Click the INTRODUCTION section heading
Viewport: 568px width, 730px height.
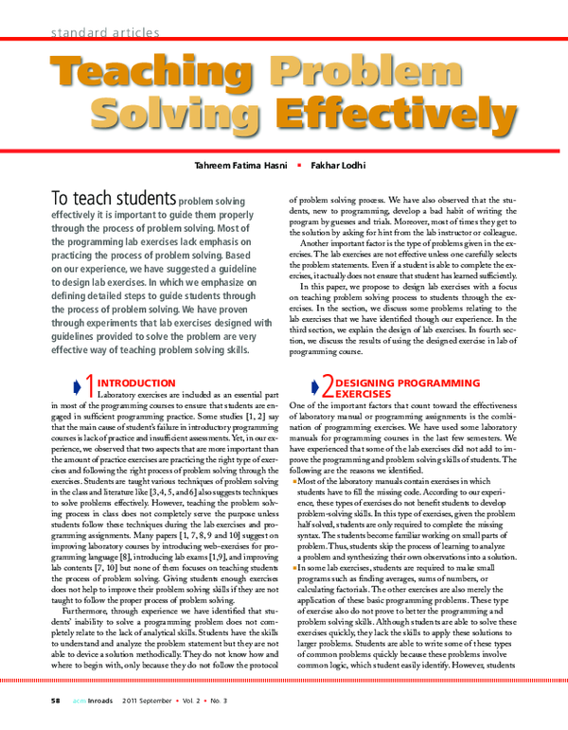136,383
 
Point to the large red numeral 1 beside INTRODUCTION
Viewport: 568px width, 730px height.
91,384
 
